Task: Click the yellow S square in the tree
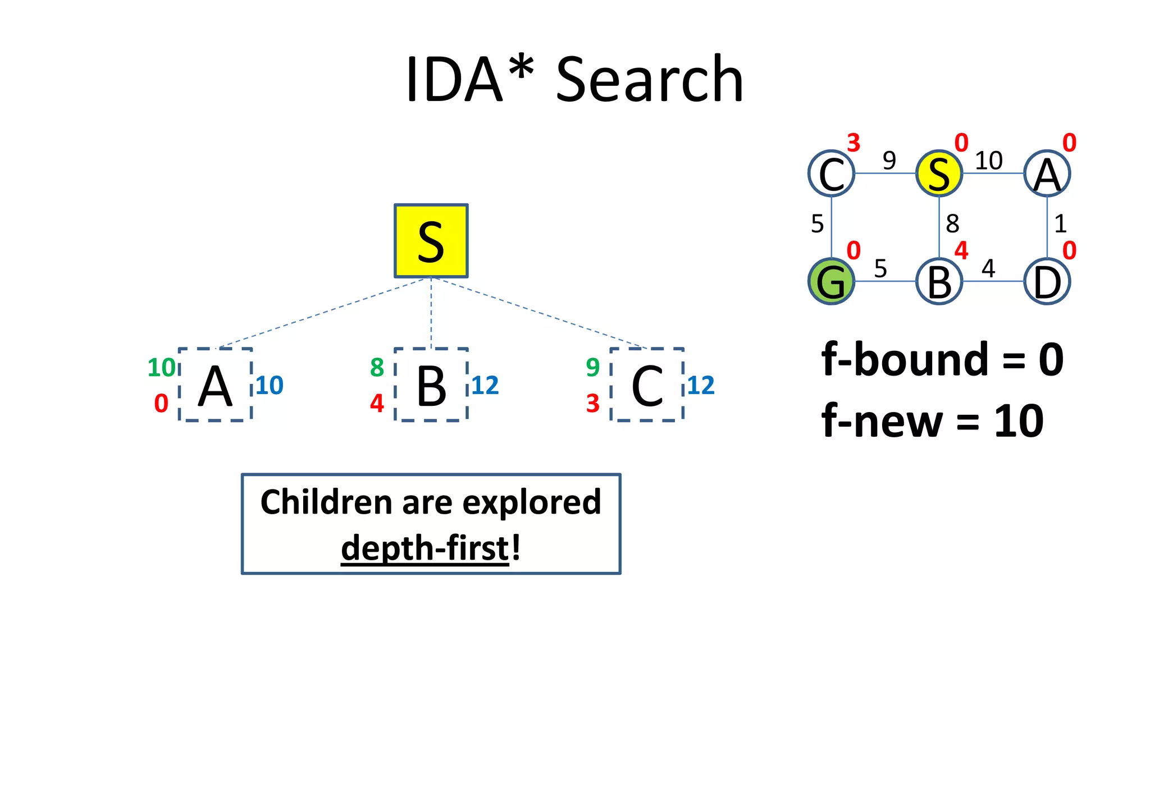coord(431,241)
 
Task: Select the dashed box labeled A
coord(215,385)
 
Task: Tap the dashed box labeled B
coord(431,385)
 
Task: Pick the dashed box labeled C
coord(647,385)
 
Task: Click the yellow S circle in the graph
coord(939,173)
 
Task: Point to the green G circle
coord(831,281)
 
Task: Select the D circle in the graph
coord(1047,281)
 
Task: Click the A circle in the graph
coord(1047,173)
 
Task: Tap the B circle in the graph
coord(939,281)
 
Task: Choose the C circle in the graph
coord(831,173)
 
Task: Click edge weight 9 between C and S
coord(889,161)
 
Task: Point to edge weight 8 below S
coord(952,224)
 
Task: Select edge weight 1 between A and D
coord(1060,224)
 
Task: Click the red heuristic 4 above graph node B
coord(961,250)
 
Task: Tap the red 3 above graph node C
coord(854,143)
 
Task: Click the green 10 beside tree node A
coord(161,368)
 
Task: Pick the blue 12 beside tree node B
coord(485,386)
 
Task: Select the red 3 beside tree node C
coord(593,404)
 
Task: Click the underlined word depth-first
coord(425,548)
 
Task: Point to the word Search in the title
coord(650,80)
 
